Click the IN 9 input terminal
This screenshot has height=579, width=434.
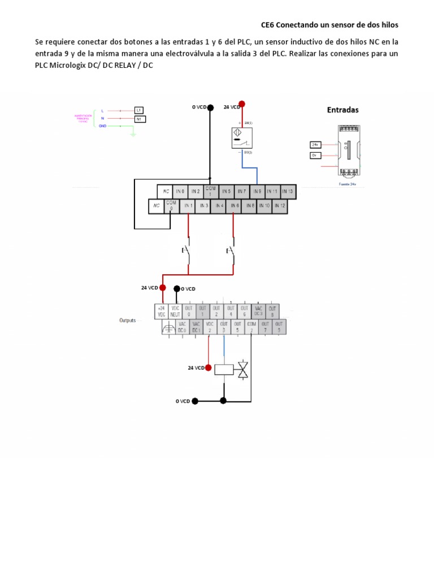257,192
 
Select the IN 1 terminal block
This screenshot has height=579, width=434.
188,206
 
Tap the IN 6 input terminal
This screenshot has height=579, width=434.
234,206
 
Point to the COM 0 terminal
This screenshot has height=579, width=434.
171,206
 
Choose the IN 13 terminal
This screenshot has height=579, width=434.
288,192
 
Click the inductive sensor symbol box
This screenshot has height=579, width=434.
242,138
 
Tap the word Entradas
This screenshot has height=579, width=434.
342,110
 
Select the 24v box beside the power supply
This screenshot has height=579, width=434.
315,144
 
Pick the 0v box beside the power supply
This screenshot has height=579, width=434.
315,155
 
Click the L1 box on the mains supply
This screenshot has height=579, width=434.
139,110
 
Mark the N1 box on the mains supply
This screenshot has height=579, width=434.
139,119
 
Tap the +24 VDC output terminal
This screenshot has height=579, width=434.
162,312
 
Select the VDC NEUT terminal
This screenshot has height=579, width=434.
175,312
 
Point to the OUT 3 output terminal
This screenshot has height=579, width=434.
224,327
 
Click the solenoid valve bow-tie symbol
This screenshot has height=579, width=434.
243,370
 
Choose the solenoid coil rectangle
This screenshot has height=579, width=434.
225,370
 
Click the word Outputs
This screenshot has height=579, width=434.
128,320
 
